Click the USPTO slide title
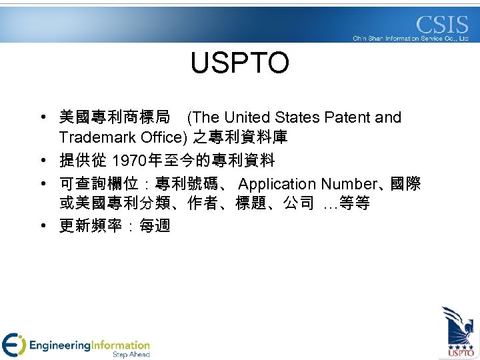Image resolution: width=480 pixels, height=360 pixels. point(239,63)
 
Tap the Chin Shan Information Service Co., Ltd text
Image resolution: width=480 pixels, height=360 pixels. point(411,39)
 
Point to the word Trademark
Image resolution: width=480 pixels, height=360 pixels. point(93,138)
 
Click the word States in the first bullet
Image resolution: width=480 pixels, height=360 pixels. point(296,118)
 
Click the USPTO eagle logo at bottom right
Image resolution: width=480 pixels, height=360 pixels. point(459,331)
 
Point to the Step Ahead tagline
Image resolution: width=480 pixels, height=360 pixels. point(131,355)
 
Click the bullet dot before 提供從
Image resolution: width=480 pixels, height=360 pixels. point(42,161)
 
